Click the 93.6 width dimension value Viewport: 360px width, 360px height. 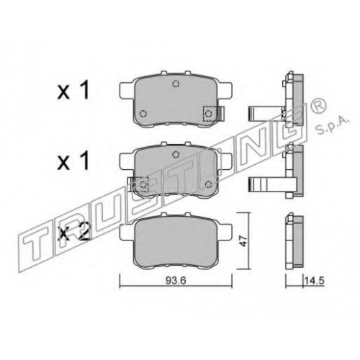[x=176, y=280]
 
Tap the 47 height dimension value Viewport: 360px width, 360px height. [x=244, y=240]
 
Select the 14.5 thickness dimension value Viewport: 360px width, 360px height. [x=315, y=280]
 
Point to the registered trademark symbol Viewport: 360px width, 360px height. [x=318, y=106]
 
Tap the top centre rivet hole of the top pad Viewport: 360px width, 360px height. [x=176, y=84]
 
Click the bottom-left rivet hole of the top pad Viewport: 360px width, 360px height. [x=143, y=113]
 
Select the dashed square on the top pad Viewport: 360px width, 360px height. [x=210, y=113]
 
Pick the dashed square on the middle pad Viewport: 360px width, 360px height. [x=142, y=184]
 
